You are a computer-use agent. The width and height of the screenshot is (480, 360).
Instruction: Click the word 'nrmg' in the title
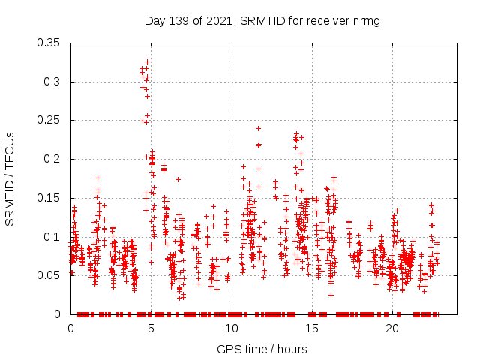click(366, 20)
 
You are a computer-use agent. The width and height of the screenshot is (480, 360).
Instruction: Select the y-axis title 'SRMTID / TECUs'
click(10, 179)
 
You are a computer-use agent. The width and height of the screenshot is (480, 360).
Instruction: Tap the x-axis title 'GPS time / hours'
click(262, 349)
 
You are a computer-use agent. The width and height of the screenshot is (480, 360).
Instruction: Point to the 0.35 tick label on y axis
click(49, 43)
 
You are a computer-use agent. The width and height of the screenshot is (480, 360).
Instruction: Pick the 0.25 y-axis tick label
click(49, 120)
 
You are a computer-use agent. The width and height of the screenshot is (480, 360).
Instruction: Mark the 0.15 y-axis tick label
click(49, 198)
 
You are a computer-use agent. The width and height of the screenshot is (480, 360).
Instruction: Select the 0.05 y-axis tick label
click(49, 275)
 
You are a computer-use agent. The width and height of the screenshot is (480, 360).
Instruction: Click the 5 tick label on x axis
click(151, 328)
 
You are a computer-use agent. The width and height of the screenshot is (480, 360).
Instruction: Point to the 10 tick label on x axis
click(231, 328)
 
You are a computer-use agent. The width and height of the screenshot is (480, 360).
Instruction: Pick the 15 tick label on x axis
click(311, 328)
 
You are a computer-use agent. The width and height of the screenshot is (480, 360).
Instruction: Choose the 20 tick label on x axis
click(391, 328)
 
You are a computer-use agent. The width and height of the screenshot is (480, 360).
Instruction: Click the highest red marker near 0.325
click(147, 61)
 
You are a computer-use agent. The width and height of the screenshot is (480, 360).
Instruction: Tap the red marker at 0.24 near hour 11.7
click(258, 128)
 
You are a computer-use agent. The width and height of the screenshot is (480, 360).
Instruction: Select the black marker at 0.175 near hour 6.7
click(178, 178)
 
